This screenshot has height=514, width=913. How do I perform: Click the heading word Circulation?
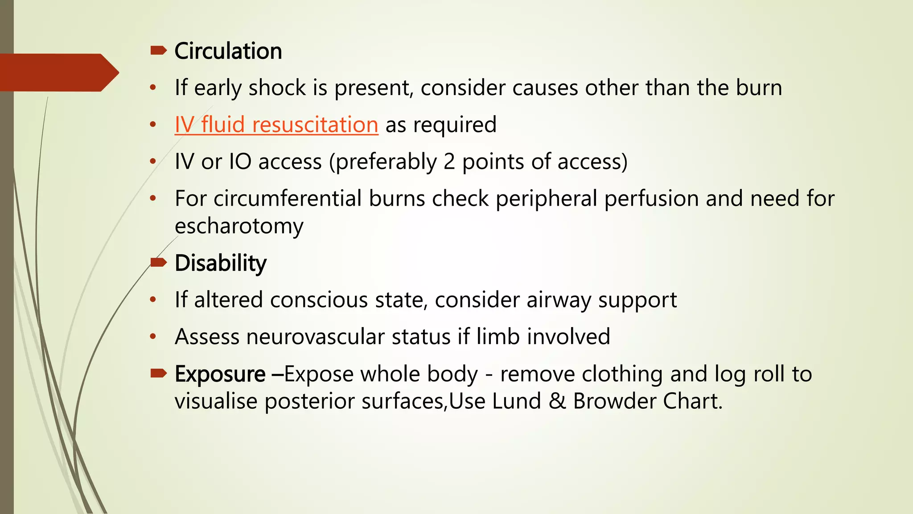(228, 51)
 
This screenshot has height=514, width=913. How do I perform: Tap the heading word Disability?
(221, 263)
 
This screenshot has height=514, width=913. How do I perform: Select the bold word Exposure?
(220, 374)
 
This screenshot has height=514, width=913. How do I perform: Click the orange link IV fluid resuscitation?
(276, 124)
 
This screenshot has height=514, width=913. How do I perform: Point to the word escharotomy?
(239, 226)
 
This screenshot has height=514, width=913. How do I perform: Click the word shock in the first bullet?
(277, 87)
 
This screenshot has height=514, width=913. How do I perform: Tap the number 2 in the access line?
(449, 162)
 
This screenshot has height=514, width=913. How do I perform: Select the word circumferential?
(288, 198)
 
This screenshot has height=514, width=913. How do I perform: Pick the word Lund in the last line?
(517, 401)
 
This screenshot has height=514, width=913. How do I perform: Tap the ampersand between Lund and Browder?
(557, 401)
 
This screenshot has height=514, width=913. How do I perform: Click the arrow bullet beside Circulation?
(158, 50)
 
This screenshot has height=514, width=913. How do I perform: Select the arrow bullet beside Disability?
(158, 262)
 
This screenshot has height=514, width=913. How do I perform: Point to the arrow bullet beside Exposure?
(158, 373)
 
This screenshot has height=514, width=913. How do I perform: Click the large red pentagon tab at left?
(58, 72)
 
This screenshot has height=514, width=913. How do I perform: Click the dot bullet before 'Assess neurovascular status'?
(153, 337)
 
